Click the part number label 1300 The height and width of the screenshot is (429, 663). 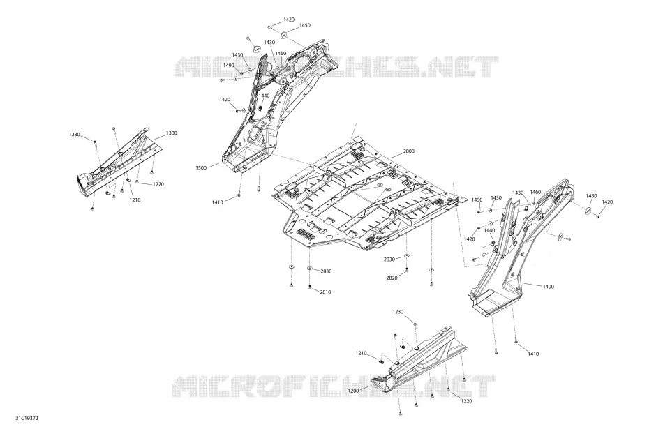click(171, 133)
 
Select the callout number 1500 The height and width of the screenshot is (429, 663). click(201, 168)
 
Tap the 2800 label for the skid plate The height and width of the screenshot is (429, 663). click(409, 151)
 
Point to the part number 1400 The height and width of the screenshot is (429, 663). click(548, 287)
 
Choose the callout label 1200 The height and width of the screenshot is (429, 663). click(354, 391)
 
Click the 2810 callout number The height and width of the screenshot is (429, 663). click(325, 292)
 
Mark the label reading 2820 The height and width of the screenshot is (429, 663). click(392, 278)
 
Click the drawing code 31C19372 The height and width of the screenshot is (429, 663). click(27, 419)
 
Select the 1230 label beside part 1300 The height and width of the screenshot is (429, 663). click(75, 135)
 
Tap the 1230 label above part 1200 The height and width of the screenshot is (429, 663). click(398, 312)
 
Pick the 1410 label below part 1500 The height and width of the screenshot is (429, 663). click(217, 202)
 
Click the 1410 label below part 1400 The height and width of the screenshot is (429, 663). click(533, 354)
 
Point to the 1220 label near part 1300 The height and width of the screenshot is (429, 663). click(158, 184)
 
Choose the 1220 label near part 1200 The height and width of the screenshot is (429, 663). click(466, 401)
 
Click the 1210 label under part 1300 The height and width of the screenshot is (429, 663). click(135, 200)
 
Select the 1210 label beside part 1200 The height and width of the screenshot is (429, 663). click(361, 353)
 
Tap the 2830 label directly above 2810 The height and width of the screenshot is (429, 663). click(326, 271)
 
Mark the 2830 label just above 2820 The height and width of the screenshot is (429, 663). click(389, 259)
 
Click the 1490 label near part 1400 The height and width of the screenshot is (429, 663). click(477, 200)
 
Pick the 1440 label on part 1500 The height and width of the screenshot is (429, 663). click(264, 96)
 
